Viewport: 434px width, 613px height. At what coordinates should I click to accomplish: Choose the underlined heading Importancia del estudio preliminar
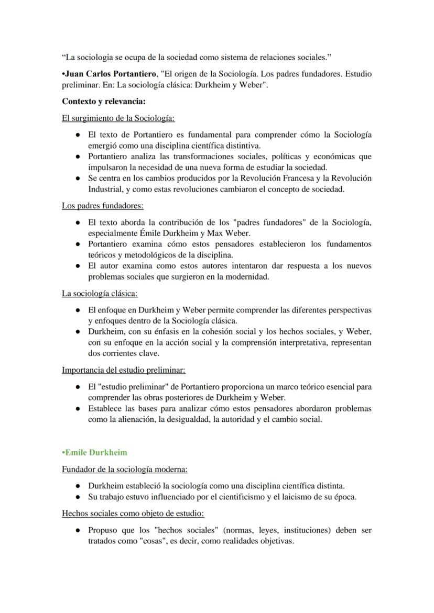(124, 370)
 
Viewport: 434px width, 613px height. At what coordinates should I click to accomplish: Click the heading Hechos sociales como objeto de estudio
(133, 514)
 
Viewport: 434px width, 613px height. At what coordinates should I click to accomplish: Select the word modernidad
(247, 277)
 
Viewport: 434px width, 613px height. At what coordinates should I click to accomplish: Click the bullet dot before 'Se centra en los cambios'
(78, 179)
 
